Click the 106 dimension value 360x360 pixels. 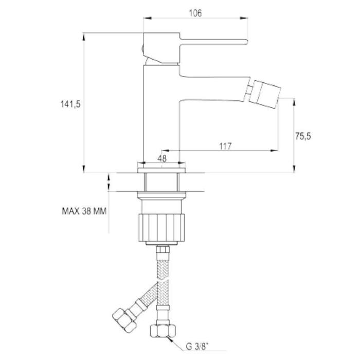(195, 13)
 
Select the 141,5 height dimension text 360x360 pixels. (70, 104)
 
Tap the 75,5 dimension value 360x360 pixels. (303, 136)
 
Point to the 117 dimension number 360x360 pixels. (225, 146)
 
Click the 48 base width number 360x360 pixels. (162, 158)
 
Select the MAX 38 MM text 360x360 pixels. (84, 211)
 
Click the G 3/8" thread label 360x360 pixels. (197, 346)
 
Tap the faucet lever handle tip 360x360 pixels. (246, 42)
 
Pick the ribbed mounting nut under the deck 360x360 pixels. (161, 227)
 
